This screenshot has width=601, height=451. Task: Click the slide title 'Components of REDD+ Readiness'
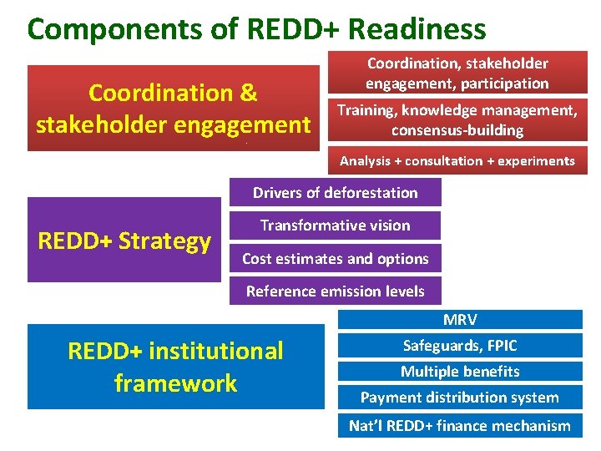point(256,29)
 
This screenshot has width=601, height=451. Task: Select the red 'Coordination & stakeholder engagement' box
point(174,109)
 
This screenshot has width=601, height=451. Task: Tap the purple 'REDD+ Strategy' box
point(124,241)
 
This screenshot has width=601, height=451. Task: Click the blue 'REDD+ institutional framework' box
point(175,367)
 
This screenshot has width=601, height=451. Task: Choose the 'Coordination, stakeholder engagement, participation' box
point(457,73)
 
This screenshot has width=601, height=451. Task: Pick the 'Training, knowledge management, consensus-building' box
point(457,120)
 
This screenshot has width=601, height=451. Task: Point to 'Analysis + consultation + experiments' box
point(457,161)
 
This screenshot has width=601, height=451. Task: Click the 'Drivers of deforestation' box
point(335,193)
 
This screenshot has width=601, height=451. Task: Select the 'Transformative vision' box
point(335,225)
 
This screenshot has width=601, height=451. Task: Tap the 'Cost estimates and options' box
point(335,259)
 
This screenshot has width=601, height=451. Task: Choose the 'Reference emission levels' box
point(335,291)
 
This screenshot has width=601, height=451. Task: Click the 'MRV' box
point(460,320)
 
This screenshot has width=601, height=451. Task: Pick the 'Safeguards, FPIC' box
point(460,346)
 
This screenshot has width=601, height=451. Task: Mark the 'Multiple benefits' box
point(460,372)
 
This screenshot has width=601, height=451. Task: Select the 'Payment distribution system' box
point(460,398)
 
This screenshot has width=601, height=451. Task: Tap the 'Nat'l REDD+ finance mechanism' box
point(460,426)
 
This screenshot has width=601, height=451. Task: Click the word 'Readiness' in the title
point(417,29)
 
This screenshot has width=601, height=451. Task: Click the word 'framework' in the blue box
point(175,383)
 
